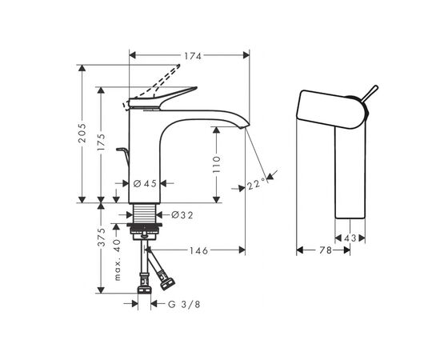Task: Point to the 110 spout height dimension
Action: click(x=217, y=165)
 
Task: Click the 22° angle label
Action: click(x=255, y=185)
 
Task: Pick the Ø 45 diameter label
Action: click(x=145, y=184)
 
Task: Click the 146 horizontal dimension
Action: click(x=198, y=250)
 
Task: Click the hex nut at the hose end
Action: click(x=168, y=282)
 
